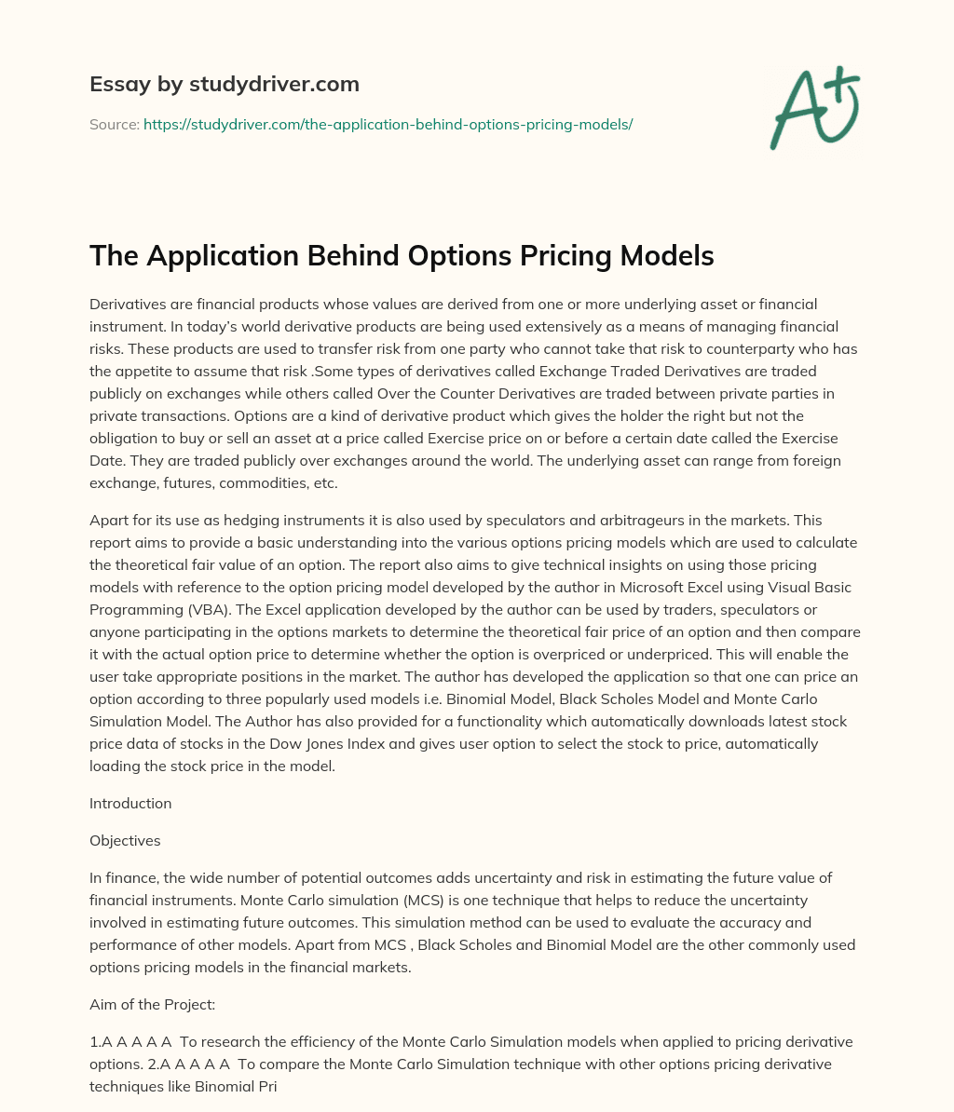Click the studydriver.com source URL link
[x=388, y=124]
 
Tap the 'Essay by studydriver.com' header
[x=224, y=84]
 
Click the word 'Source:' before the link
[x=115, y=124]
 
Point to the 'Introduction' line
[x=130, y=803]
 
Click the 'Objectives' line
[x=125, y=840]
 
